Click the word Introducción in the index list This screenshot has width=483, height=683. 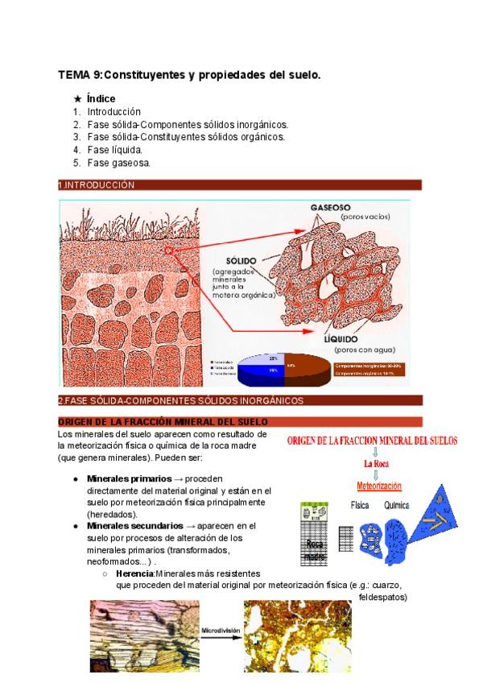114,112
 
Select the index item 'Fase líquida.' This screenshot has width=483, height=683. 114,150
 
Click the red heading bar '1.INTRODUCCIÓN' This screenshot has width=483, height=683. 239,185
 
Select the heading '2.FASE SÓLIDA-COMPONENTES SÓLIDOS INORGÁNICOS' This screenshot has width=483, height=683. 239,400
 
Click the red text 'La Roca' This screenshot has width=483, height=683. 377,465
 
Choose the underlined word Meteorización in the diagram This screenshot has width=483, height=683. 379,486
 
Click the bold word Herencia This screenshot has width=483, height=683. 134,573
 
